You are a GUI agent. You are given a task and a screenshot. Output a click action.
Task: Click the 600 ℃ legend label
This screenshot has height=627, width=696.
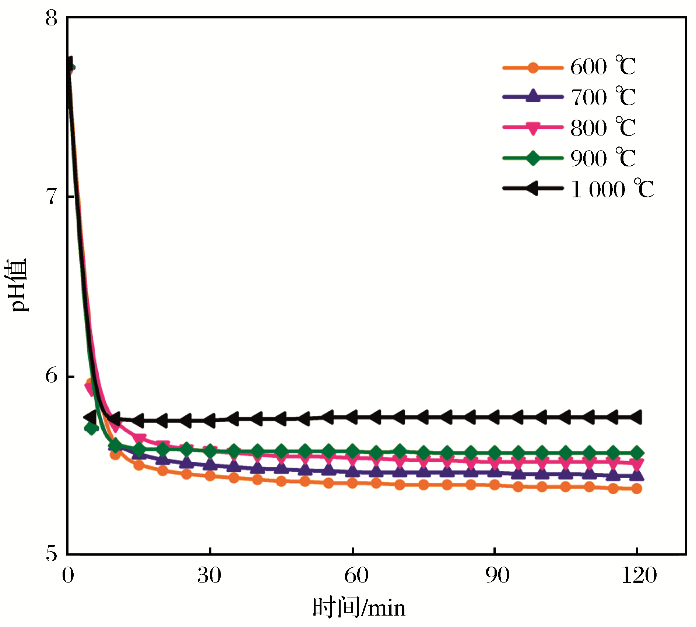click(603, 67)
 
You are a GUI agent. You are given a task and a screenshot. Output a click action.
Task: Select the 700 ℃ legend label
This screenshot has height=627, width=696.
click(603, 98)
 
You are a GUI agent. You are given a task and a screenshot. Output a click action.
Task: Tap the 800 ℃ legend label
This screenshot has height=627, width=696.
click(603, 128)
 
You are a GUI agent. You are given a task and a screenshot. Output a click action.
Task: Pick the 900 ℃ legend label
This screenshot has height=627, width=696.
click(603, 159)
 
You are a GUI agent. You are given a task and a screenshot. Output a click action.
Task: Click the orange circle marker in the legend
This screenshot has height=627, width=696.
click(532, 68)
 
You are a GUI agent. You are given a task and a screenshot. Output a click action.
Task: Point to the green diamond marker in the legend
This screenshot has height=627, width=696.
click(532, 158)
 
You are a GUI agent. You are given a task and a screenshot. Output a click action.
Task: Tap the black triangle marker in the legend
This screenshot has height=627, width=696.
click(532, 189)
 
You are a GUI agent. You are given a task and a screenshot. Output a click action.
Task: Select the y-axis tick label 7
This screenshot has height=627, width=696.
click(52, 196)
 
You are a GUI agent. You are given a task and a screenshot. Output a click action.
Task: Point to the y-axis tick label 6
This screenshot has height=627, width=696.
click(52, 376)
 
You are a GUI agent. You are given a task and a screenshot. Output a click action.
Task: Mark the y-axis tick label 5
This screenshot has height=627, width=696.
click(52, 553)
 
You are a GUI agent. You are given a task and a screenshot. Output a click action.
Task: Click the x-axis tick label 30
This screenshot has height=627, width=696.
click(209, 575)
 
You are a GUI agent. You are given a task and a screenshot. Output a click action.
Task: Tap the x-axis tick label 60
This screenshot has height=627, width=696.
click(356, 575)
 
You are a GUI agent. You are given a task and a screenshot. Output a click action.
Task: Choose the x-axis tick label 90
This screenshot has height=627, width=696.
click(498, 575)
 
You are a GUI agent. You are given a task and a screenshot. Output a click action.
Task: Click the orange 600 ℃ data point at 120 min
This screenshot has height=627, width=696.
click(637, 489)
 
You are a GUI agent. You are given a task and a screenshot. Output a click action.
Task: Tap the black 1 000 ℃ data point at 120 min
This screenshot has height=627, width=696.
click(636, 418)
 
